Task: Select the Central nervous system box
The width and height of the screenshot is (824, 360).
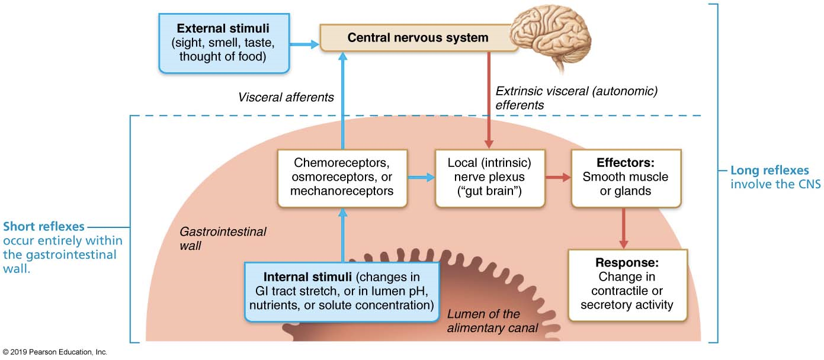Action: coord(418,38)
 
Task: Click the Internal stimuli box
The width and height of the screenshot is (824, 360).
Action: coord(342,291)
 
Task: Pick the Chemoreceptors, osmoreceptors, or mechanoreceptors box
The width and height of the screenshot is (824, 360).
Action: coord(342,177)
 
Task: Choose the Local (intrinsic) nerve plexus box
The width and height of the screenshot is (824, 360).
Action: coord(489,177)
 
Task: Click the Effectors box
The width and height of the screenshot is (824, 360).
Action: coord(626,177)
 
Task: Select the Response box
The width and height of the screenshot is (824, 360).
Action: coord(627,284)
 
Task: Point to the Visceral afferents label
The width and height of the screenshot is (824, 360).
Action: coord(286,97)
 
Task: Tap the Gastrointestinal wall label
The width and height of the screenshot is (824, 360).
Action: coord(222,238)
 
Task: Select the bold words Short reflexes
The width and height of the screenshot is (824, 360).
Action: coord(44,226)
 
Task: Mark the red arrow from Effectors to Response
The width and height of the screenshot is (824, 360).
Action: coord(623,228)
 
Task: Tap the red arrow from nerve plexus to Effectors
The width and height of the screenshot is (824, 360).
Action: coord(557,176)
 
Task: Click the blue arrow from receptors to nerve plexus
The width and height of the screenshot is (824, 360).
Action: coord(421,176)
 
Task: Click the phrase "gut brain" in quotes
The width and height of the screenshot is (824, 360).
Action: coord(489,191)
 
